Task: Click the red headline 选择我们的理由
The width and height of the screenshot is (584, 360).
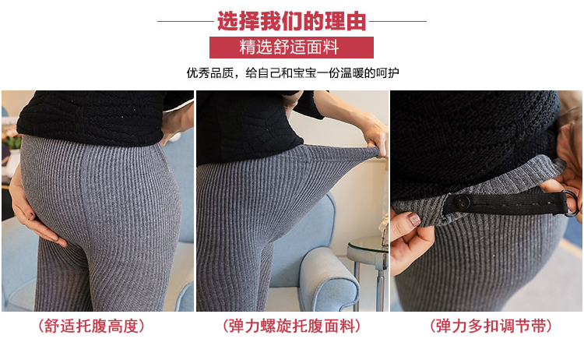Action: click(292, 21)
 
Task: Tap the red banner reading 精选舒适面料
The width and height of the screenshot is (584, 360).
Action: click(291, 48)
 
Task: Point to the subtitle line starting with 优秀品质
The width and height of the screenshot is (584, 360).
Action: click(293, 72)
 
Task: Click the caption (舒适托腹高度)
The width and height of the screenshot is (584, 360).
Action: click(91, 326)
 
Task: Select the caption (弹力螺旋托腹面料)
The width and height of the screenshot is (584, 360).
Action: click(292, 326)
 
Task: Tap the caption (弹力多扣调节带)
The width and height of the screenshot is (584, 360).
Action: click(491, 326)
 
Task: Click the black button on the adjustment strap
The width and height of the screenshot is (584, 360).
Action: click(462, 202)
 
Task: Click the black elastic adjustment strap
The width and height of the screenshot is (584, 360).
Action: click(507, 204)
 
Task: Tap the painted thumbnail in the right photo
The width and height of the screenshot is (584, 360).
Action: click(413, 219)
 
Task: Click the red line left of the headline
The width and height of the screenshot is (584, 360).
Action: click(185, 21)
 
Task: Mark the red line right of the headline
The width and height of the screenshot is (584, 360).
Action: click(398, 21)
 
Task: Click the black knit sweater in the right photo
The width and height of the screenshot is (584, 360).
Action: click(473, 142)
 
